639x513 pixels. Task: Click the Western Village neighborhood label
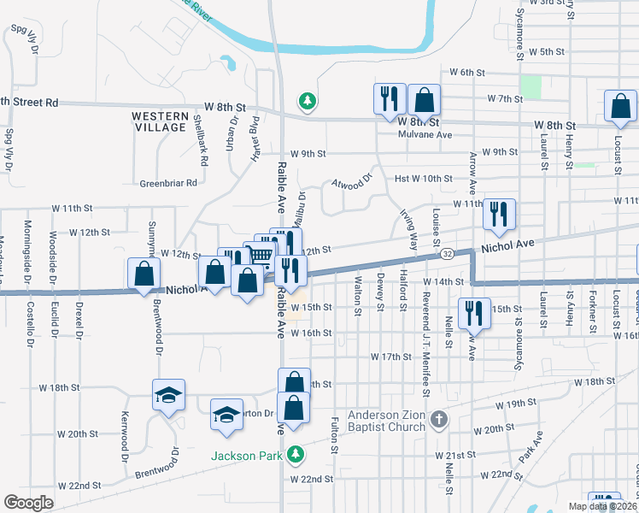[160, 121]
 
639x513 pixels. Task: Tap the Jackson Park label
[247, 456]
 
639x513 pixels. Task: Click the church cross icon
[439, 419]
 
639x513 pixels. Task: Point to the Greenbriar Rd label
[168, 183]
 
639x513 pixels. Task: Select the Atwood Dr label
[353, 181]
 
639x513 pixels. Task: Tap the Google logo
[28, 503]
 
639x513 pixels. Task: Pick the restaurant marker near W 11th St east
[499, 214]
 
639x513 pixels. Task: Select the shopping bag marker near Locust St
[620, 106]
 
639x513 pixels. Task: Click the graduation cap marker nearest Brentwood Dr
[168, 395]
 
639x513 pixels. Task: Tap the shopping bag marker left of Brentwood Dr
[144, 274]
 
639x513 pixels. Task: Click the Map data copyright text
[603, 504]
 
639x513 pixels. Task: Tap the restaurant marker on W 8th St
[389, 98]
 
